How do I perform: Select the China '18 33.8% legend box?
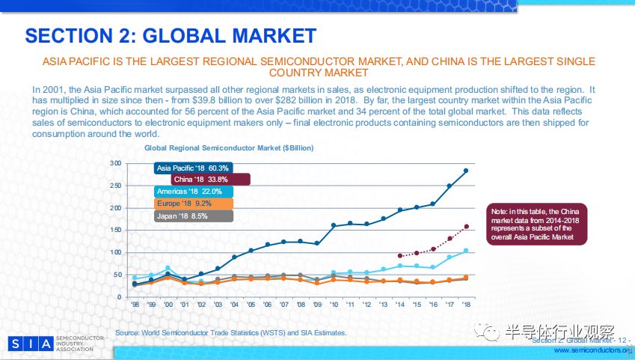pyautogui.click(x=210, y=180)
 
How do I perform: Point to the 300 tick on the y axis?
pyautogui.click(x=115, y=163)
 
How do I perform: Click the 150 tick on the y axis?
pyautogui.click(x=115, y=230)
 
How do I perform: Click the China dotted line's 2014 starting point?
pyautogui.click(x=399, y=256)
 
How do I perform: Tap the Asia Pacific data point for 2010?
pyautogui.click(x=334, y=225)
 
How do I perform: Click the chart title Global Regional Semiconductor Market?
pyautogui.click(x=229, y=148)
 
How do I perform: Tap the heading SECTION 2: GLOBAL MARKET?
pyautogui.click(x=171, y=35)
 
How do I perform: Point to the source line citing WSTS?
pyautogui.click(x=231, y=332)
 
